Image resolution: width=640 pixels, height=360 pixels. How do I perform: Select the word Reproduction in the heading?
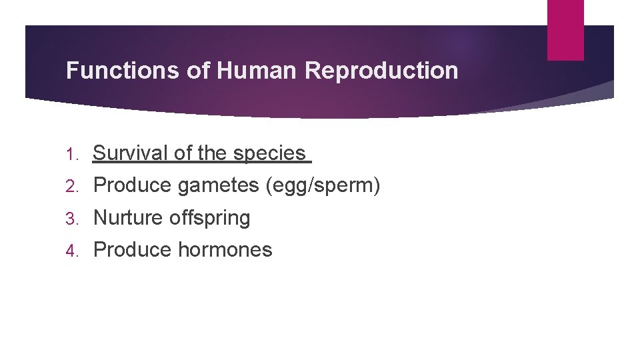(382, 71)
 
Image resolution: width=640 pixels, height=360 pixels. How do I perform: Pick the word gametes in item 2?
(219, 186)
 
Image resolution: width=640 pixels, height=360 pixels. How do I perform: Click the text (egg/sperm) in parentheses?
(323, 186)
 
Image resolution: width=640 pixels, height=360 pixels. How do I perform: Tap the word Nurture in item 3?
(129, 217)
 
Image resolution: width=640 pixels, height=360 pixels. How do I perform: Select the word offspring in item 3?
(209, 218)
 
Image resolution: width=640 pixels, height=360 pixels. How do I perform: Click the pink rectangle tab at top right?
(565, 29)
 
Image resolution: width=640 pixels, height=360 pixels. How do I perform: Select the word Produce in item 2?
(133, 185)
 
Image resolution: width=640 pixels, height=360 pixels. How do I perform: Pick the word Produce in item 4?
(133, 249)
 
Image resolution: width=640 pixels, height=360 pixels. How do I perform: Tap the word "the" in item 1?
(212, 153)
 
